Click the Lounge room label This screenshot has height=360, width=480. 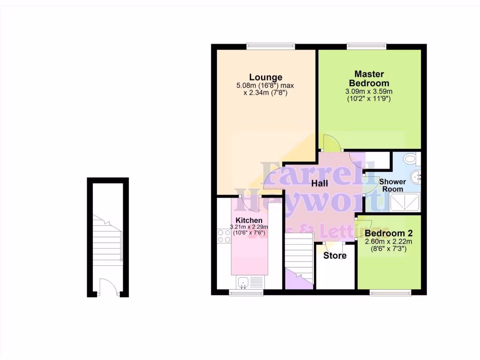(x=265, y=77)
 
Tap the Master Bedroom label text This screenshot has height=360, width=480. (x=369, y=78)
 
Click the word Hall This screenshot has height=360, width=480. (x=321, y=184)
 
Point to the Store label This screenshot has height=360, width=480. (x=335, y=255)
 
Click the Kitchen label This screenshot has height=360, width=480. (x=249, y=220)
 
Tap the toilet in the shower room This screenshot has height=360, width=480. (x=410, y=159)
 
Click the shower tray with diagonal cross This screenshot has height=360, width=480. (x=405, y=203)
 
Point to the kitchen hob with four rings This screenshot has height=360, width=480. (x=224, y=236)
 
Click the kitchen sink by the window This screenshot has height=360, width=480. (x=243, y=282)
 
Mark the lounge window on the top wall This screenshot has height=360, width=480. (x=271, y=46)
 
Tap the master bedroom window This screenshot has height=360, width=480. (x=366, y=46)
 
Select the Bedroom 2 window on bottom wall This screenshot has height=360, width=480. (x=390, y=293)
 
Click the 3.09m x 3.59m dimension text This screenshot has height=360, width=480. (x=369, y=91)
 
